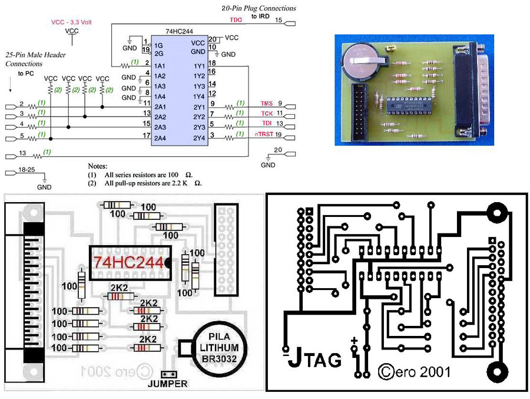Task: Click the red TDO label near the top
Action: click(x=236, y=20)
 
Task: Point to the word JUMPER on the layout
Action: click(x=168, y=384)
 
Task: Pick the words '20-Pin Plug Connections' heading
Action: click(x=259, y=8)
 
